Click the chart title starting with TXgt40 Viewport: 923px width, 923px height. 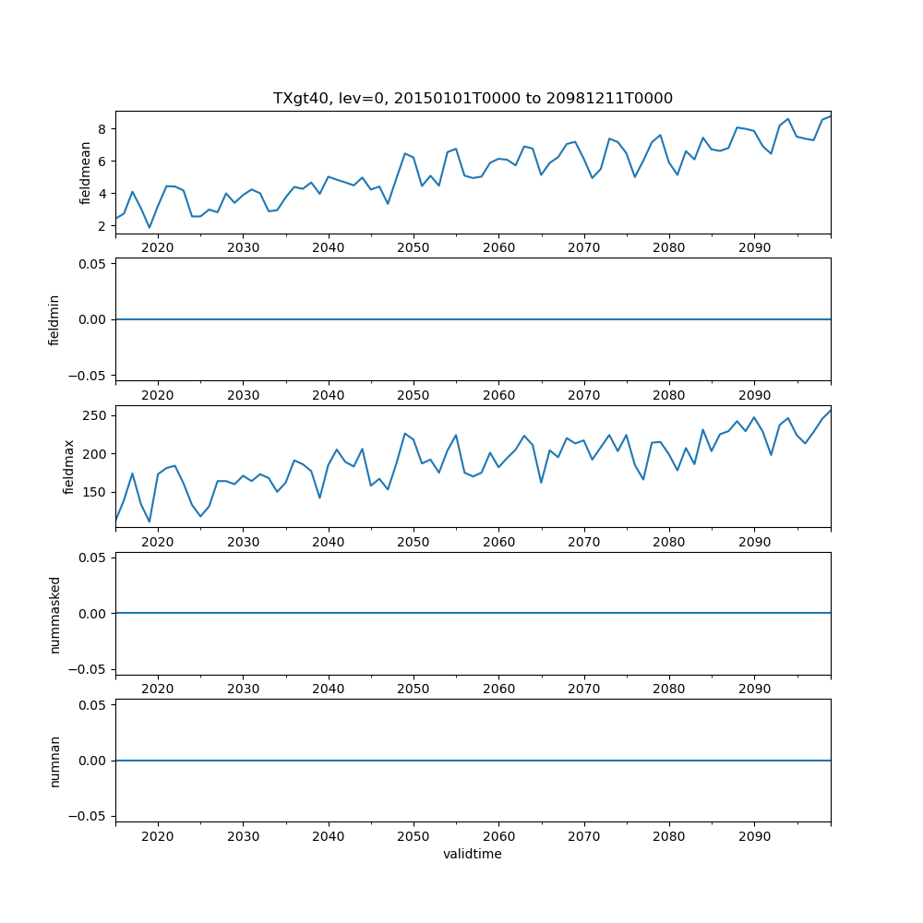[x=473, y=98]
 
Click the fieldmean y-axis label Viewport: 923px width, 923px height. [x=85, y=173]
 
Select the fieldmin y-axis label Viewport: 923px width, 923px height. [x=54, y=319]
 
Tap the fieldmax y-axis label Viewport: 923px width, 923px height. [x=68, y=467]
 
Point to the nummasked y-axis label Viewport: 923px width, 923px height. [x=54, y=614]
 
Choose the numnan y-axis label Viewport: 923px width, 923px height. [x=54, y=761]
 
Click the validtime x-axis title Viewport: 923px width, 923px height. [x=473, y=854]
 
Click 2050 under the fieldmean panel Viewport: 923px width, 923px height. [x=414, y=248]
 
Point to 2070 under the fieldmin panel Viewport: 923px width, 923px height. [x=584, y=395]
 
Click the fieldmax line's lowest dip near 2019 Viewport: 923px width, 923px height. [x=150, y=521]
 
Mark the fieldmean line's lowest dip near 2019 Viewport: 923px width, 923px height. [x=150, y=228]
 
